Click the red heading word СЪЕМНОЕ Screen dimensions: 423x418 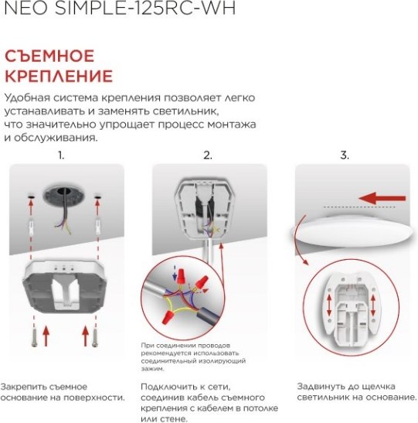pos(49,56)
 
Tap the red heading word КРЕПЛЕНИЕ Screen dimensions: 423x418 pos(59,76)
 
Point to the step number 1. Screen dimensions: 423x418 pos(61,155)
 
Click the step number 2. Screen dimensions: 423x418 pos(207,155)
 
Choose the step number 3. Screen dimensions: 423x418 pos(345,155)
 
